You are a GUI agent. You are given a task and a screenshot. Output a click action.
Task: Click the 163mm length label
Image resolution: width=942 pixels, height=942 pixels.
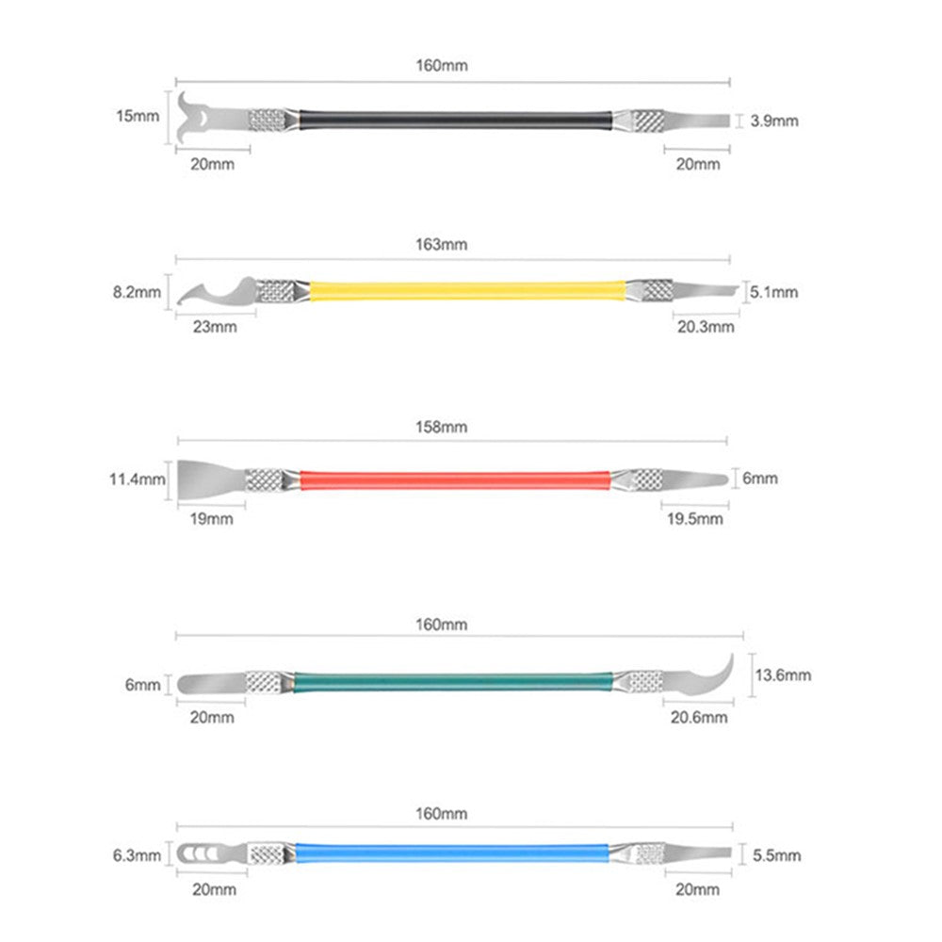click(x=441, y=245)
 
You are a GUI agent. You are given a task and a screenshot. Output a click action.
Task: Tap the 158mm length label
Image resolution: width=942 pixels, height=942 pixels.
click(x=441, y=427)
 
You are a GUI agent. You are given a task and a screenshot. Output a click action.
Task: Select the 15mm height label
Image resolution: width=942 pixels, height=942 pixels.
click(x=138, y=116)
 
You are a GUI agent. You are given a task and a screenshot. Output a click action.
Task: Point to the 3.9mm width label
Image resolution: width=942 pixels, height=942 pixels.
click(x=773, y=121)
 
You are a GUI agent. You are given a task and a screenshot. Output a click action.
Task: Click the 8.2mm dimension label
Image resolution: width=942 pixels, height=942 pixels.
click(x=137, y=293)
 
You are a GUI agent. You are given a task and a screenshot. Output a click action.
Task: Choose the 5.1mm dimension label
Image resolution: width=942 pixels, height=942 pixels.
click(x=773, y=293)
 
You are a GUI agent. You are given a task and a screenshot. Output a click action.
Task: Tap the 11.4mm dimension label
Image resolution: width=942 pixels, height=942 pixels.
click(x=137, y=479)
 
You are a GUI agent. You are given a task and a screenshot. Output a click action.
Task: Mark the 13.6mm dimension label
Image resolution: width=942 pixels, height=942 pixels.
click(x=783, y=675)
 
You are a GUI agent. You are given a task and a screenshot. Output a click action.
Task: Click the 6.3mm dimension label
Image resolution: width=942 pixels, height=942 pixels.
click(x=137, y=855)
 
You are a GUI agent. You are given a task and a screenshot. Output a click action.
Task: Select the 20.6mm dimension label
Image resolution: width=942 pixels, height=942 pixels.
click(x=699, y=717)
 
